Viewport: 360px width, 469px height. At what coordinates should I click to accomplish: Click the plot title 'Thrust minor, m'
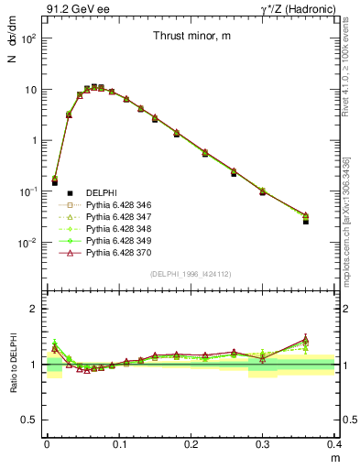click(x=191, y=37)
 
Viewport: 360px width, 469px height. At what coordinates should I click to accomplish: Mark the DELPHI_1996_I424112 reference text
click(x=191, y=274)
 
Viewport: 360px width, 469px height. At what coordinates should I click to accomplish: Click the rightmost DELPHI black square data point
click(x=306, y=221)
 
